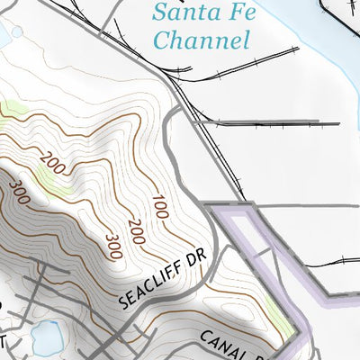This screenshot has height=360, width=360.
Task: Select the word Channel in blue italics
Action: click(x=200, y=40)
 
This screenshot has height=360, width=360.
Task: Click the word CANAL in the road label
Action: click(x=221, y=344)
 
